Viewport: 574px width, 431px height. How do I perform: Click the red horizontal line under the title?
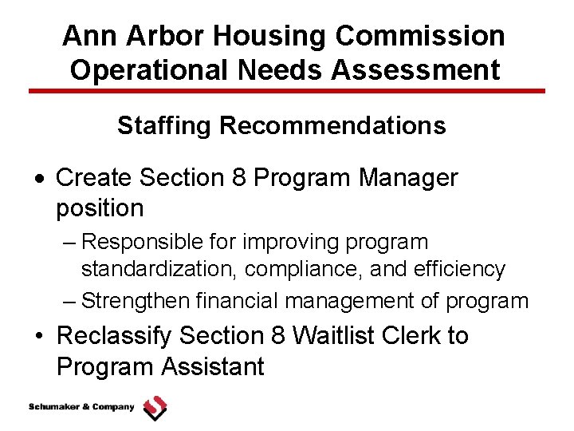point(287,91)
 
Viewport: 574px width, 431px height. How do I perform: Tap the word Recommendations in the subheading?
point(332,125)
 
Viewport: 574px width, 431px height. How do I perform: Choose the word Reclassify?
point(114,336)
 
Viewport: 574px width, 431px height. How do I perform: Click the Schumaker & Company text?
point(81,407)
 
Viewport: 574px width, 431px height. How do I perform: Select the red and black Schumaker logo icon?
point(155,408)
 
